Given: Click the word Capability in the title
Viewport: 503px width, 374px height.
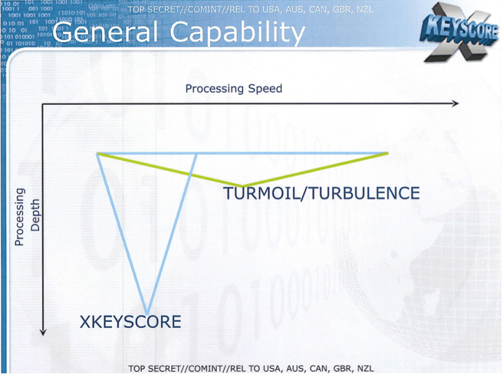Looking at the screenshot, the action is coord(238,33).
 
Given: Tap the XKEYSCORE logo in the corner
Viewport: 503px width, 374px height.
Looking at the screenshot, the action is coord(460,32).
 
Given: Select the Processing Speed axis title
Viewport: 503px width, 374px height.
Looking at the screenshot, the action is coord(234,89).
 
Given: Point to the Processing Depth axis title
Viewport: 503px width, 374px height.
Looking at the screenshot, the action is coord(27,217).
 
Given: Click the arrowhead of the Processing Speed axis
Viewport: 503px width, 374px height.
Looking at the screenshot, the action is coord(455,103).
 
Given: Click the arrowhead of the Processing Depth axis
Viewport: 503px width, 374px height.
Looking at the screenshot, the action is coord(43,333).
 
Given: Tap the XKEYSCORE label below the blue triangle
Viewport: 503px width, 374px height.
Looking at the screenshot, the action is coord(130,322).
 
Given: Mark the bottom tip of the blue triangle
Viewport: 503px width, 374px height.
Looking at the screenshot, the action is coord(147,314).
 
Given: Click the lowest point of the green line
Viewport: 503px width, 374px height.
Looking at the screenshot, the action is coord(242,186).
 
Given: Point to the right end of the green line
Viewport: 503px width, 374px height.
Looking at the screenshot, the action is coord(388,153).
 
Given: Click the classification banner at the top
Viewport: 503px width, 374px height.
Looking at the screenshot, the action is coord(250,9).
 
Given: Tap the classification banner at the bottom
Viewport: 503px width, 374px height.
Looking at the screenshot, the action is coord(251,368).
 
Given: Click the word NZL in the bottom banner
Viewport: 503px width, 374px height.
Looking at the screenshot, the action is coord(365,368).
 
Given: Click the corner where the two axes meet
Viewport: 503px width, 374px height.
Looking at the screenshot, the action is coord(43,104).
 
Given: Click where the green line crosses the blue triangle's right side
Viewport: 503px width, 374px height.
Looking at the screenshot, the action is coord(192,174).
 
